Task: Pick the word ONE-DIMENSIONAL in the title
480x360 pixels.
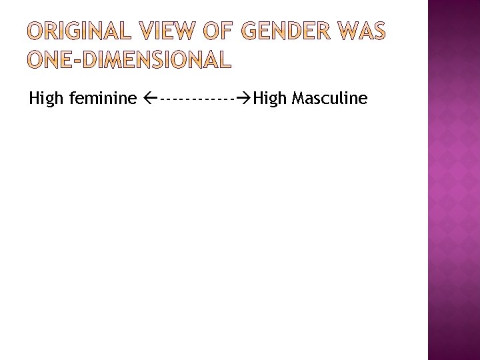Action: pos(129,60)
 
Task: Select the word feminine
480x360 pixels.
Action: pos(103,99)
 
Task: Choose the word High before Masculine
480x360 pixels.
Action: pos(270,99)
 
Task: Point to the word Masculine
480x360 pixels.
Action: pos(329,99)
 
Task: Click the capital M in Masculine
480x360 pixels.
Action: pos(298,99)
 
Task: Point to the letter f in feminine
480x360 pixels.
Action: pos(71,98)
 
